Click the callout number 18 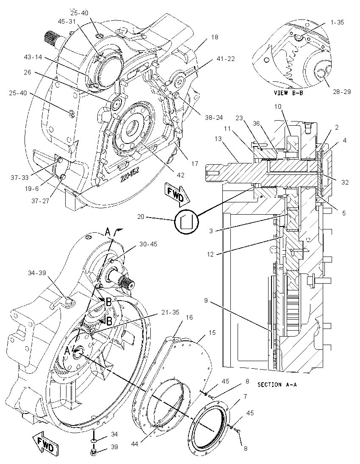click(215, 37)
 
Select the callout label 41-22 click(226, 59)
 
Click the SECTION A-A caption click(277, 385)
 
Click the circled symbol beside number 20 click(186, 220)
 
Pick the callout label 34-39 click(37, 273)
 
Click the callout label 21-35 click(170, 312)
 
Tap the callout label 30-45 click(148, 244)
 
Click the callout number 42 click(180, 175)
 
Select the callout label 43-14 click(33, 57)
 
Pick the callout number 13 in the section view click(218, 139)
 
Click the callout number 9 click(206, 301)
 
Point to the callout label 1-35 click(337, 22)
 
